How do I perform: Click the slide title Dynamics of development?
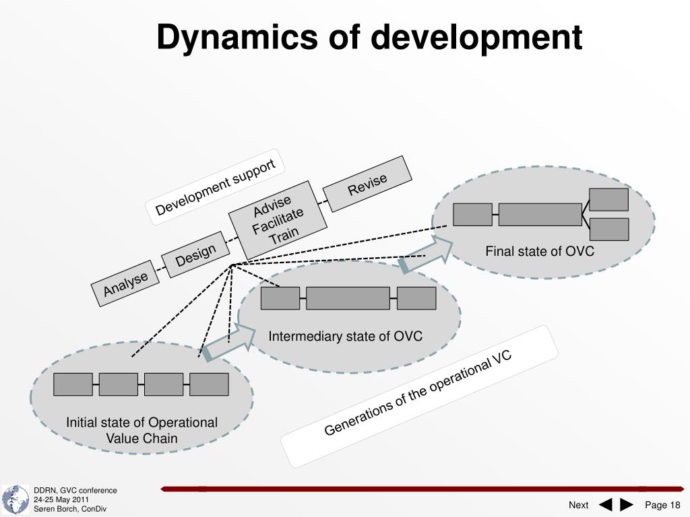(369, 38)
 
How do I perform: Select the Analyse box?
(125, 283)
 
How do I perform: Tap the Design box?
(195, 255)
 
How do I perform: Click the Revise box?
(367, 184)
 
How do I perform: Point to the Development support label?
(215, 187)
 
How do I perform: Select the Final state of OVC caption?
(540, 252)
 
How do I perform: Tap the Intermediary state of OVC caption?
(346, 336)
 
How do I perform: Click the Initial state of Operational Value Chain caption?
(142, 430)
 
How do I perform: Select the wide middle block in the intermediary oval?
(348, 298)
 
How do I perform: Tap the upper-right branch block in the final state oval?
(609, 199)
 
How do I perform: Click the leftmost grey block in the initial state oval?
(73, 384)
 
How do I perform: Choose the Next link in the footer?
(578, 505)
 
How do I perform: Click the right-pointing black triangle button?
(627, 505)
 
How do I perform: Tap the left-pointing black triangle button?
(605, 505)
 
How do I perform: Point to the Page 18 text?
(662, 505)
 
